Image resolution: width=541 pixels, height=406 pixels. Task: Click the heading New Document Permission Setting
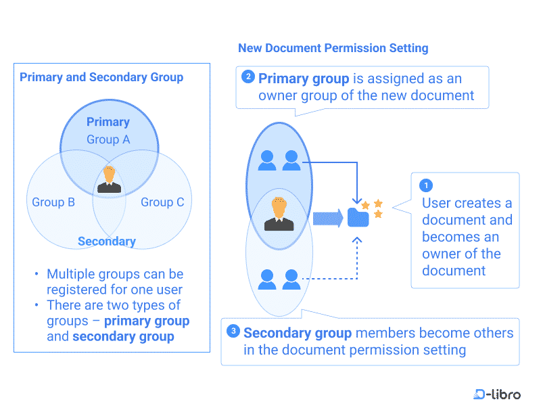tap(333, 48)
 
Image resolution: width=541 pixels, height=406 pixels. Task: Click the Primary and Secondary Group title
tap(101, 77)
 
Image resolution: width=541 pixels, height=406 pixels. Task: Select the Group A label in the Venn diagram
tap(108, 139)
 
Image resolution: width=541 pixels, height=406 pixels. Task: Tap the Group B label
tap(53, 202)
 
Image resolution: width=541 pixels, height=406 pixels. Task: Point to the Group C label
tap(162, 202)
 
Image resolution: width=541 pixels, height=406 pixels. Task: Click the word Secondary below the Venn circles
tap(107, 242)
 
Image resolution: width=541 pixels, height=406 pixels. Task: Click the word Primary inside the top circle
tap(108, 122)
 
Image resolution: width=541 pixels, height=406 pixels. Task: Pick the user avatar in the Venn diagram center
tap(108, 180)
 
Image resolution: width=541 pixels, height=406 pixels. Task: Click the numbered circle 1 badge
tap(426, 185)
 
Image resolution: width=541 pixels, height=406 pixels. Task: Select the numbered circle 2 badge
tap(248, 77)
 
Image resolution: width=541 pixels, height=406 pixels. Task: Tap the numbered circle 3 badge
tap(233, 331)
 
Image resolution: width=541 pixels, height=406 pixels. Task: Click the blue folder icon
tap(358, 217)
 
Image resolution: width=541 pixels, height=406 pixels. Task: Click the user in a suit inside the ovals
tap(279, 215)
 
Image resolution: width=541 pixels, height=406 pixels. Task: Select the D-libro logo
tap(497, 394)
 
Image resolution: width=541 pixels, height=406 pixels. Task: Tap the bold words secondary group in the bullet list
tap(123, 336)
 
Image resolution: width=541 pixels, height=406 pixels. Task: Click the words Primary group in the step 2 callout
tap(304, 79)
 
